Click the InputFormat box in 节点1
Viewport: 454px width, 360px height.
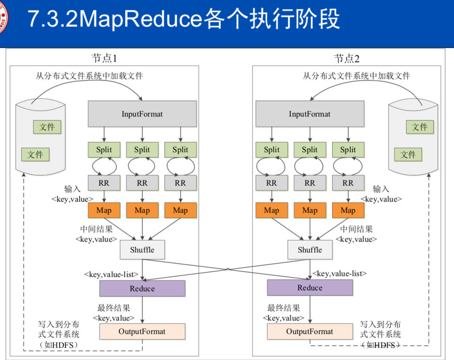pos(142,114)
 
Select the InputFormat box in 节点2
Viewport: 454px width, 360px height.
pos(310,114)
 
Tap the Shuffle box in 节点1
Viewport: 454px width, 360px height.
pos(142,250)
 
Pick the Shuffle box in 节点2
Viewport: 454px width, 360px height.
pos(310,250)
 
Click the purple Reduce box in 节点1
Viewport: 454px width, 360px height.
pos(142,288)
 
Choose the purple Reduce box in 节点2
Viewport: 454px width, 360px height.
pos(310,287)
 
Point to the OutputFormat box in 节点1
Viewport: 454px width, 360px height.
pos(142,331)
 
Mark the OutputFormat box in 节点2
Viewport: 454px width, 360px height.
pos(310,331)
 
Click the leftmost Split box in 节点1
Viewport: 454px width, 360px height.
pos(104,150)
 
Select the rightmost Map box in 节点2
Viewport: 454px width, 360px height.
pos(348,210)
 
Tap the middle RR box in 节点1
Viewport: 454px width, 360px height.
pos(142,183)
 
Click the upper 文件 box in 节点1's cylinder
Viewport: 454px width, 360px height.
pos(47,127)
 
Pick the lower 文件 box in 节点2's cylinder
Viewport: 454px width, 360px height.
pos(408,155)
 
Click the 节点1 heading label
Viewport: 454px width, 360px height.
pos(104,58)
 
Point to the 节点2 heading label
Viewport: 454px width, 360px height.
pos(347,58)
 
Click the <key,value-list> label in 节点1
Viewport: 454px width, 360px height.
pos(111,274)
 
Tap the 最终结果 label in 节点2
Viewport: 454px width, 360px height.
pos(284,308)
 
